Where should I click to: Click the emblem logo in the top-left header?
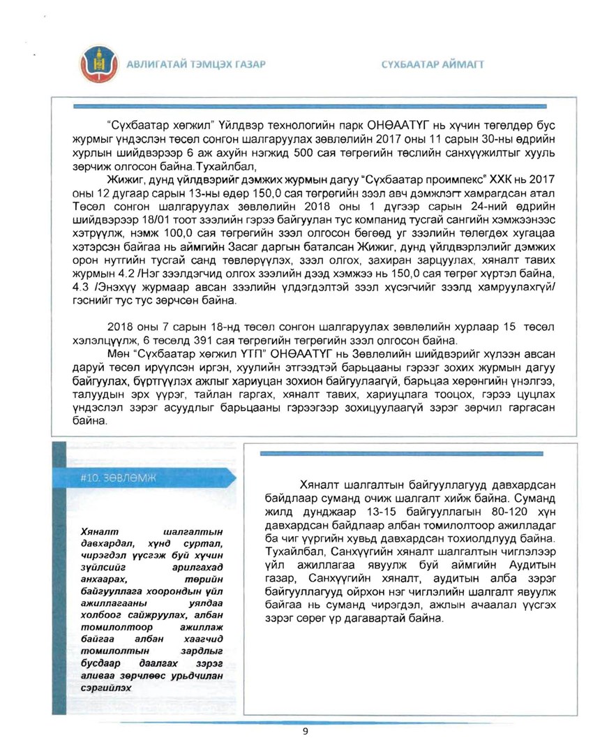point(98,64)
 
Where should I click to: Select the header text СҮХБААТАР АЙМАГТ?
point(433,65)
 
